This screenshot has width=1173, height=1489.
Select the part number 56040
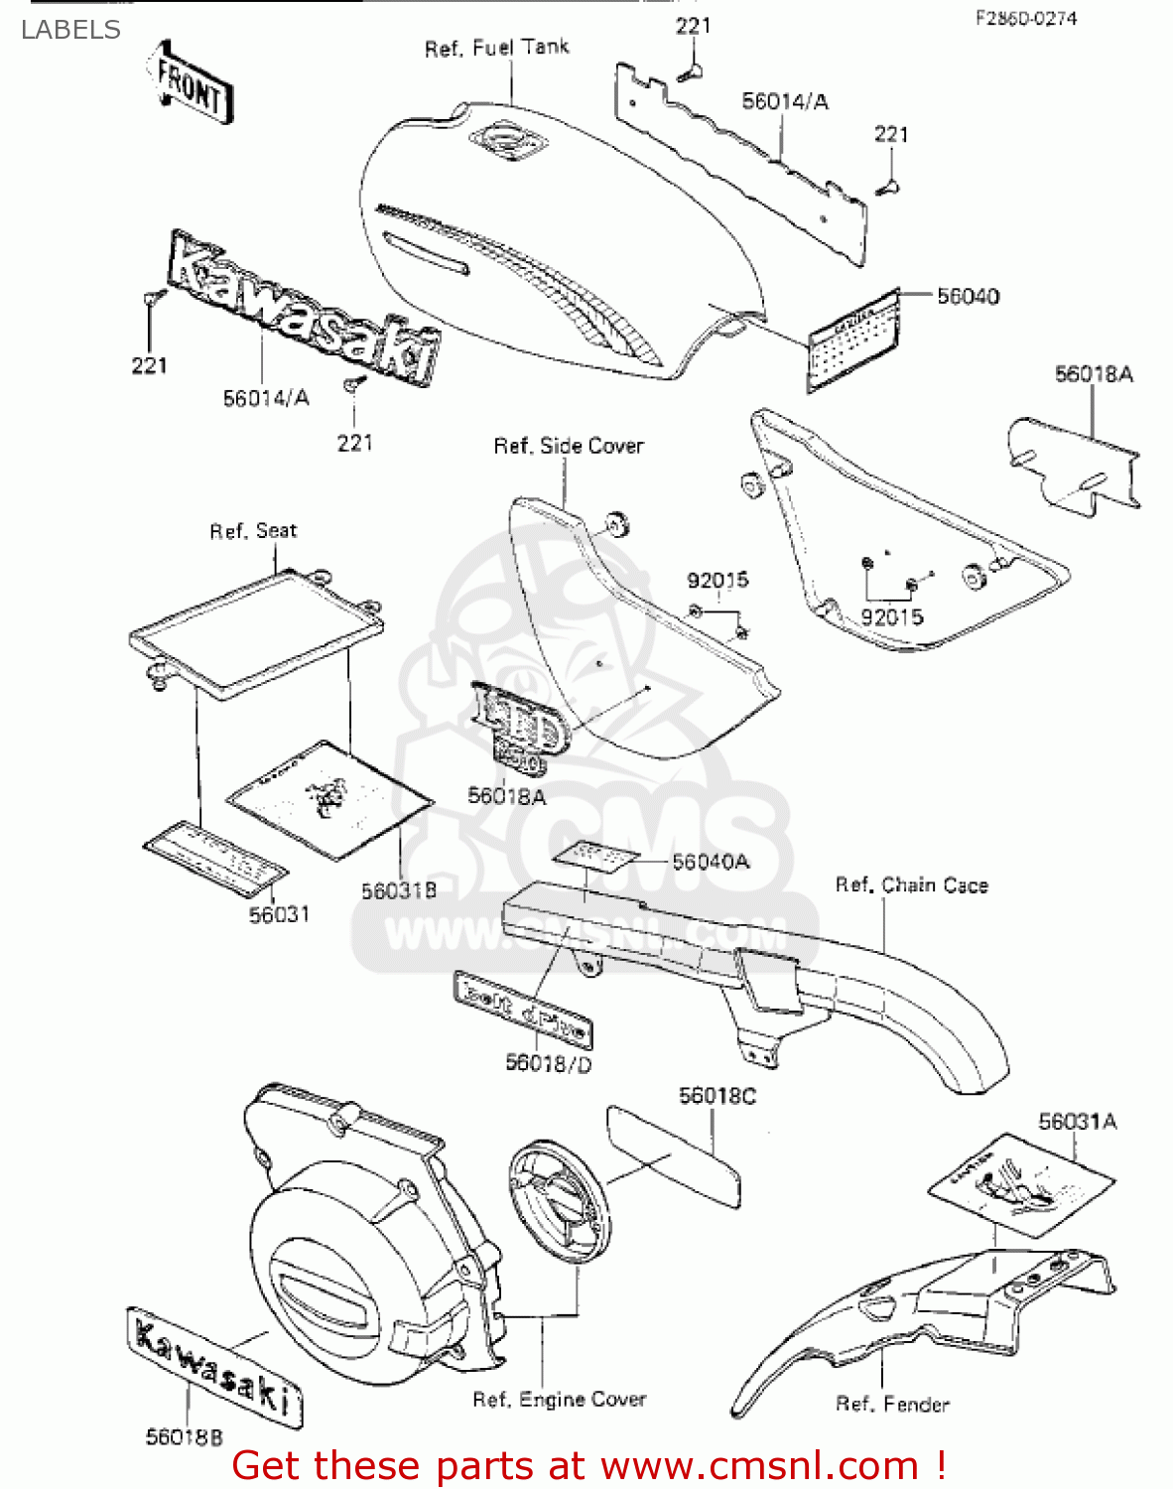click(968, 296)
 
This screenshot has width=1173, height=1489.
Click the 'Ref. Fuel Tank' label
click(496, 48)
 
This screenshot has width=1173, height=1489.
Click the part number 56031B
click(398, 890)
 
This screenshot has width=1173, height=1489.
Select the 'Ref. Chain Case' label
click(911, 884)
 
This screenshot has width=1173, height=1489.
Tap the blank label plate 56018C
click(673, 1157)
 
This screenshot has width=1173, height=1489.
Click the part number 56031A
click(1077, 1121)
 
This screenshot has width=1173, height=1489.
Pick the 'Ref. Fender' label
click(891, 1404)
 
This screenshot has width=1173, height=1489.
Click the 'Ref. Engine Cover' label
click(559, 1399)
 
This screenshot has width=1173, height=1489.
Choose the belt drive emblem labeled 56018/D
click(523, 1009)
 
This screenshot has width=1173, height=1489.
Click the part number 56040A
click(711, 862)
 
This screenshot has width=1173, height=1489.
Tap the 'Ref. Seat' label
click(253, 531)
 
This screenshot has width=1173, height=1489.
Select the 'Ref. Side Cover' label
click(569, 446)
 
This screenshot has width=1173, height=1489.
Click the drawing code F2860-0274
click(1025, 18)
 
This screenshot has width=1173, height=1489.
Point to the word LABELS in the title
click(70, 30)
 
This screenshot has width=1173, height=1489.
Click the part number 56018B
click(185, 1436)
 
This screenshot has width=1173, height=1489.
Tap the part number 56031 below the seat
click(279, 914)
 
